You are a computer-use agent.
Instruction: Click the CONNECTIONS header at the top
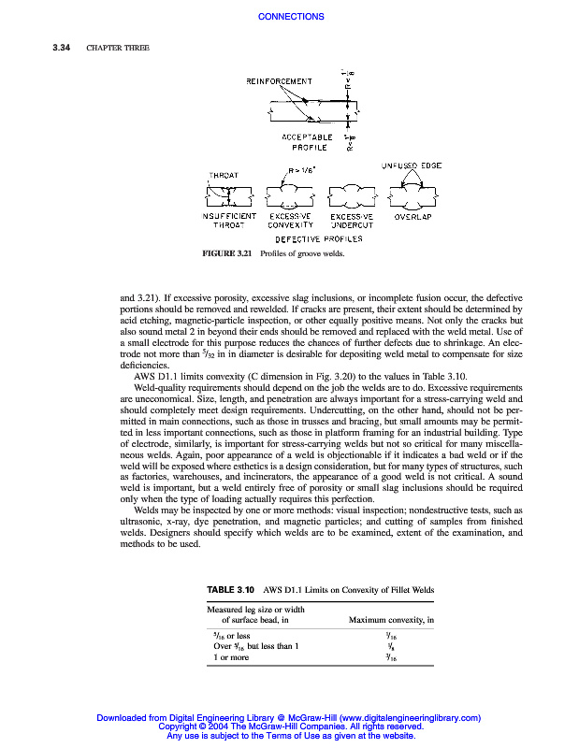coord(290,17)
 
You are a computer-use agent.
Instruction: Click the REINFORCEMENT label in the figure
coord(279,81)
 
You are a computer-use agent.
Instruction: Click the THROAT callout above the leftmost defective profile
coord(224,175)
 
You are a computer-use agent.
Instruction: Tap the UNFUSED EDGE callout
coord(411,165)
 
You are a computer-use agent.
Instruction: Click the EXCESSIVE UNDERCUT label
coord(351,221)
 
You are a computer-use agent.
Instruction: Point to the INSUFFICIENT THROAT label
coord(228,221)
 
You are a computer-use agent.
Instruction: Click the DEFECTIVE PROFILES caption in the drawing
coord(318,239)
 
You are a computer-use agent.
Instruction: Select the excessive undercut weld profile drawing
coord(351,196)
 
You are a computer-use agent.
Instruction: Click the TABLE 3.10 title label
coord(230,590)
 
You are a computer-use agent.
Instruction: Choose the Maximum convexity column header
coord(391,620)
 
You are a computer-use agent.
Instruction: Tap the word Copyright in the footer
coord(181,726)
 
